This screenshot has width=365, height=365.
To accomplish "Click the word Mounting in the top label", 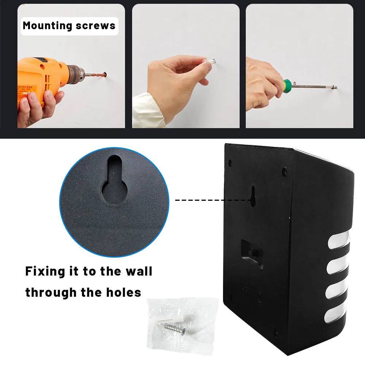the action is click(47, 26).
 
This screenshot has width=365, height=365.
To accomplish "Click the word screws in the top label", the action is click(96, 26).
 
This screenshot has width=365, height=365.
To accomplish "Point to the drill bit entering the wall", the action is click(95, 75).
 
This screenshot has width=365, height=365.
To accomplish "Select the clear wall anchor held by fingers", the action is click(209, 62).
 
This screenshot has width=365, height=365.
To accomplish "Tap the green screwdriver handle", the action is click(287, 85).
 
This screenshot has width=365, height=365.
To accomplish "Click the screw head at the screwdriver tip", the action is click(335, 88).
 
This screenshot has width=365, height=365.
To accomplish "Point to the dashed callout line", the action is click(214, 200).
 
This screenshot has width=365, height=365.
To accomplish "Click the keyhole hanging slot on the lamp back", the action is click(253, 196).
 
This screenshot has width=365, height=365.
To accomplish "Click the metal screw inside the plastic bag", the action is click(174, 329).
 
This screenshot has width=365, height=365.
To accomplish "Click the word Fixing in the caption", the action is click(45, 272).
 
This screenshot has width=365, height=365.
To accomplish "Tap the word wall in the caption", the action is click(139, 271).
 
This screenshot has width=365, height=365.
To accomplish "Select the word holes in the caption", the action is click(124, 292).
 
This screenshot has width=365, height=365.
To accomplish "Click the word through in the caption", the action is click(51, 293).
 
